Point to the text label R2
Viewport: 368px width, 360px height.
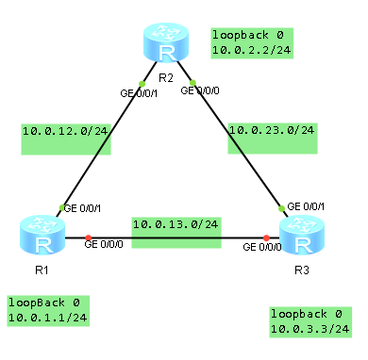165,77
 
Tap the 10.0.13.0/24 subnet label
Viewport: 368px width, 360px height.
176,225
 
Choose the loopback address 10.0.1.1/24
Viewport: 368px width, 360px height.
47,319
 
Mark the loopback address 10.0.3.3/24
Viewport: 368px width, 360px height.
309,329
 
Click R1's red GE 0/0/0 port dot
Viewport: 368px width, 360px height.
86,237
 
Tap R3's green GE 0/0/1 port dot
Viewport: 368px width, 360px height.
280,207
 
